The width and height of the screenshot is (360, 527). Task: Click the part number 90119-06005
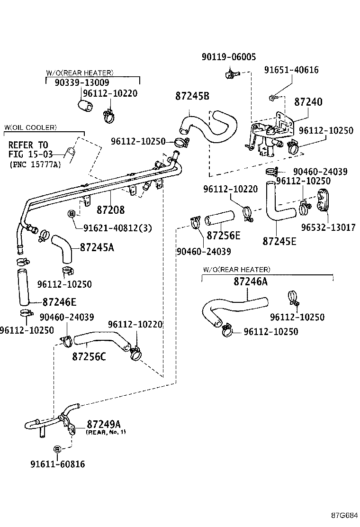(x=228, y=57)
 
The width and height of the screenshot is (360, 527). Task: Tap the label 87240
(x=308, y=102)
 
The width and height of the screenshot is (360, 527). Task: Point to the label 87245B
(x=192, y=96)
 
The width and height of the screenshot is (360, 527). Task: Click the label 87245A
(x=97, y=247)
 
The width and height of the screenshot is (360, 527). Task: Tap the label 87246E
(x=59, y=301)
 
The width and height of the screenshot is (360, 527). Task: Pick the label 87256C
(x=89, y=356)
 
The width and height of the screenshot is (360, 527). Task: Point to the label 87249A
(x=104, y=423)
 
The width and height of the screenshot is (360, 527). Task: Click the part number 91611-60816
(x=58, y=464)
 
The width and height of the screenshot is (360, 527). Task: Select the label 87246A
(x=250, y=282)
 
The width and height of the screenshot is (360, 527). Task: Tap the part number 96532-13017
(x=328, y=227)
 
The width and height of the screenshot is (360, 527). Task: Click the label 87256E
(x=223, y=236)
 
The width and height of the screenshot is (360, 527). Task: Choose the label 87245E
(x=279, y=241)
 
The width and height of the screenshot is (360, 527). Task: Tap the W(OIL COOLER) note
(x=30, y=127)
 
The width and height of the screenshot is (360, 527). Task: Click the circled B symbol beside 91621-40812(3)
(x=72, y=214)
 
